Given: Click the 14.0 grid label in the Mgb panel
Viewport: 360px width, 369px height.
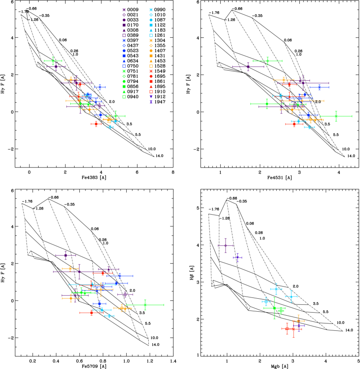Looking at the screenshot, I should click(349, 330).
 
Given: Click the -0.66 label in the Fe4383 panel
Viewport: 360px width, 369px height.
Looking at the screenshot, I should click(31, 9).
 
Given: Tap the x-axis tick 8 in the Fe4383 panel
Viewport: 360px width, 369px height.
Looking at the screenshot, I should click(173, 172).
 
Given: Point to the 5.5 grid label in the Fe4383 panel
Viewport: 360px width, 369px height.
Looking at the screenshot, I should click(137, 135).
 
